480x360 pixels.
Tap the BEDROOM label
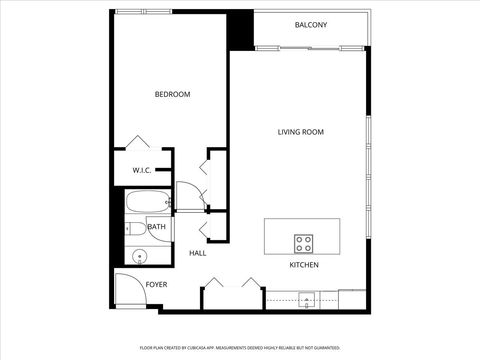[x=172, y=94]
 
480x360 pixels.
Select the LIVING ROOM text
[x=300, y=132]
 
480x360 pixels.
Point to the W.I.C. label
[x=142, y=170]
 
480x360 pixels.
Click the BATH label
[x=157, y=227]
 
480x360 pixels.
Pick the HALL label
[x=197, y=253]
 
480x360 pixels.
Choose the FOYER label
[x=156, y=285]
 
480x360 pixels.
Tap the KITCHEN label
[x=304, y=265]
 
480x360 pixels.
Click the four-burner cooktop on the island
[x=304, y=242]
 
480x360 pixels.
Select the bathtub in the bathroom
[x=146, y=202]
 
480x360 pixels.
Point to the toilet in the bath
[x=134, y=228]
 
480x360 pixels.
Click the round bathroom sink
[x=138, y=256]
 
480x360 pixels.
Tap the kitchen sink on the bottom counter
[x=307, y=297]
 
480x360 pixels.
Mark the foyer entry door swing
[x=127, y=290]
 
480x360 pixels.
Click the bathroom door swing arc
[x=188, y=194]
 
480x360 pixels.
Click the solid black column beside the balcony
[x=240, y=30]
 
